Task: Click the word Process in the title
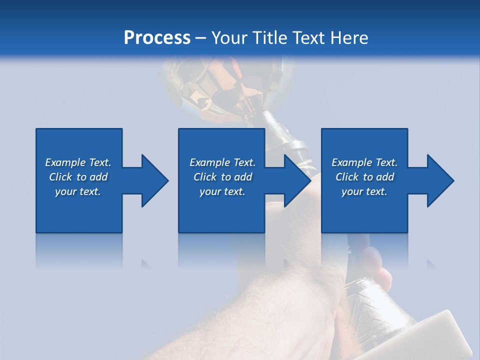[x=157, y=38]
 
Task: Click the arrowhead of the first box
[x=154, y=180]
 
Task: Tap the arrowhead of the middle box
[x=297, y=180]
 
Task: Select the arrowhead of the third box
[x=440, y=180]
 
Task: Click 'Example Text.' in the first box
[x=78, y=162]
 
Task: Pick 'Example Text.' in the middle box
[x=222, y=162]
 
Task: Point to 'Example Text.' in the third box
[x=364, y=162]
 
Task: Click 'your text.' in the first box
[x=78, y=191]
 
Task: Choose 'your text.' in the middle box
[x=222, y=191]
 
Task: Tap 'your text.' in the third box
[x=364, y=191]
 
